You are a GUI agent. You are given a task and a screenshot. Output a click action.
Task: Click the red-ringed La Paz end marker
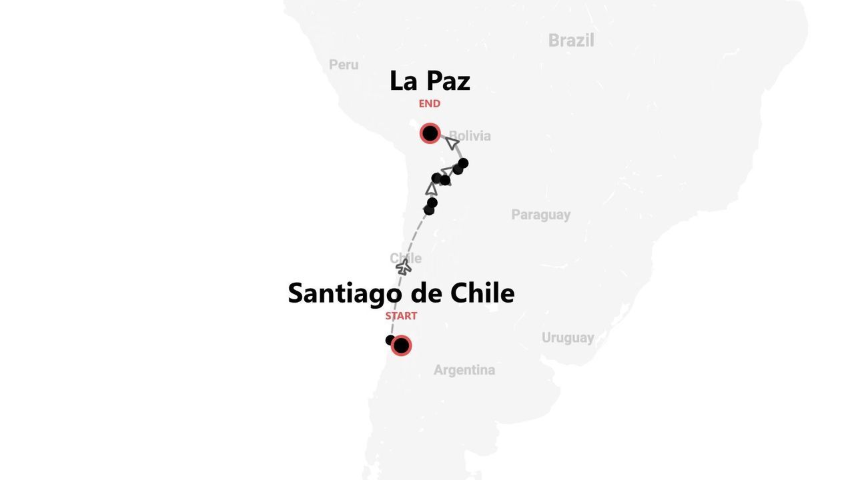[430, 133]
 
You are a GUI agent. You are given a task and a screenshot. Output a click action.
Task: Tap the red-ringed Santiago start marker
[401, 345]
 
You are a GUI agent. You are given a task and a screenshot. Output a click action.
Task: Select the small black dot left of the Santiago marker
[390, 340]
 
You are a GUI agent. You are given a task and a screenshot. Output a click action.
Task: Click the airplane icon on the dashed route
[404, 267]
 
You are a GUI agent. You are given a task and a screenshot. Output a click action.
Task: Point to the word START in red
[401, 316]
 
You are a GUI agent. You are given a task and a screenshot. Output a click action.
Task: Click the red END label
[430, 104]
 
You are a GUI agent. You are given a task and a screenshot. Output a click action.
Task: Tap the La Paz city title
[430, 81]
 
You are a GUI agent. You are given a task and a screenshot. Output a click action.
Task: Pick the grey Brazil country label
[571, 41]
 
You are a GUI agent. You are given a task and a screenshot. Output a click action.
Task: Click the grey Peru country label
[344, 65]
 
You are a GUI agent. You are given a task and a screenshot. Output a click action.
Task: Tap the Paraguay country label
[540, 215]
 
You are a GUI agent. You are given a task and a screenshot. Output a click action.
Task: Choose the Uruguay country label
[567, 337]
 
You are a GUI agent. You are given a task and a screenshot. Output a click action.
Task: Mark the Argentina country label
[464, 370]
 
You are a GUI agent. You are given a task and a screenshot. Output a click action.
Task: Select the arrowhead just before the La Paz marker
[452, 143]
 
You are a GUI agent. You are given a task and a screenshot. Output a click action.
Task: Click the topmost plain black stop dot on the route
[463, 163]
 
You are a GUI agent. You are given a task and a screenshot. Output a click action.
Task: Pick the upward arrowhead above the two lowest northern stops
[432, 189]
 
